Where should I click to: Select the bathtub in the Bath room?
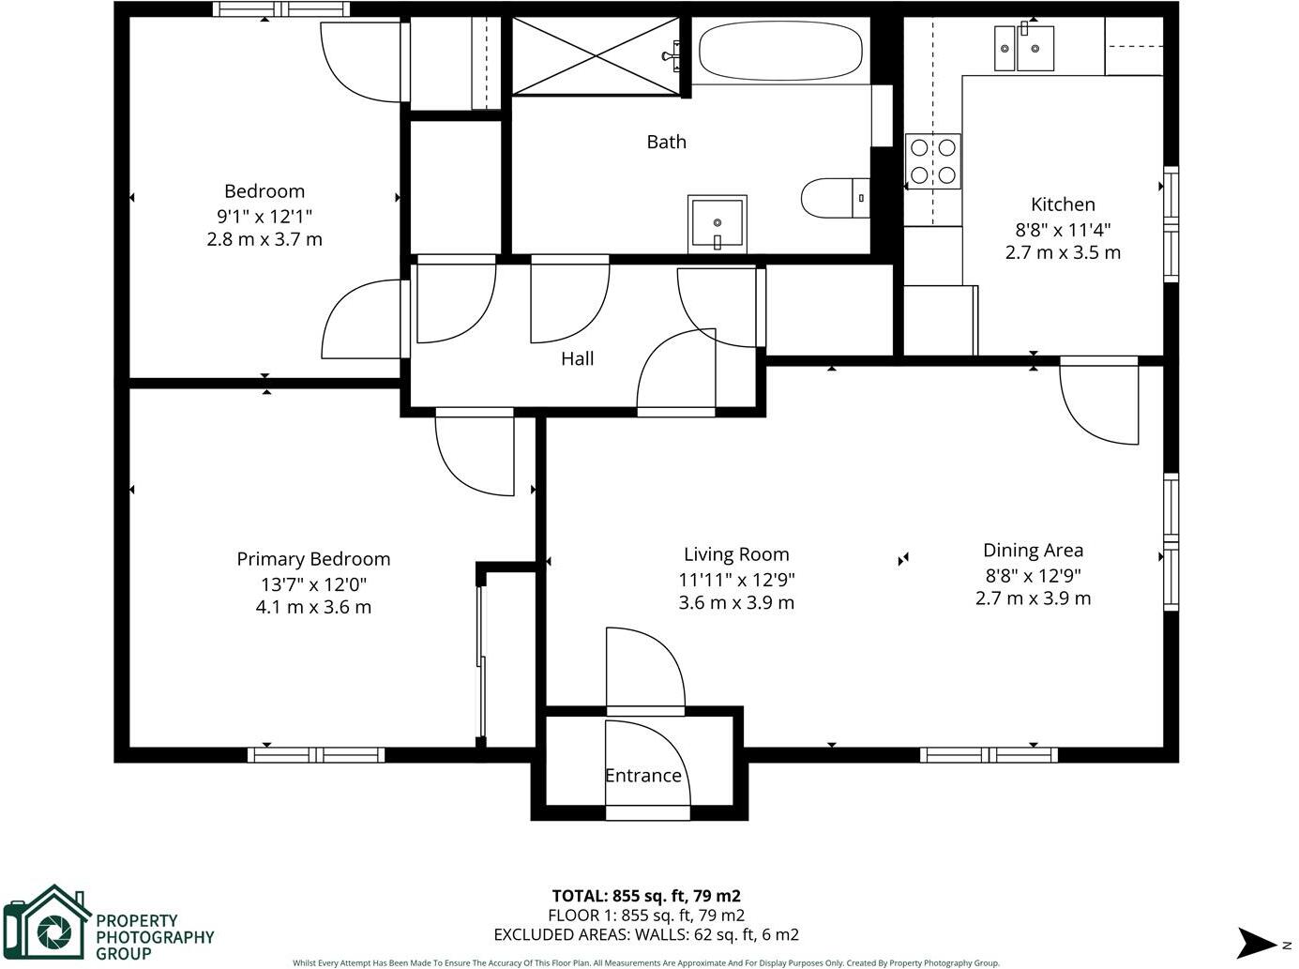pos(780,52)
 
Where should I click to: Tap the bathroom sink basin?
pos(717,223)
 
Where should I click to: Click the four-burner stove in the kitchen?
pos(933,160)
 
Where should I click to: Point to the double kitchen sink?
pos(1024,48)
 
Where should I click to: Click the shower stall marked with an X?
pos(596,55)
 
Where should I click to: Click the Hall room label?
pos(578,358)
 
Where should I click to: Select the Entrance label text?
pos(642,776)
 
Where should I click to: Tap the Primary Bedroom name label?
pos(313,559)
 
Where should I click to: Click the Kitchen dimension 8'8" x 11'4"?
pos(1063,229)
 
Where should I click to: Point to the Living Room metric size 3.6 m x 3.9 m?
pos(736,603)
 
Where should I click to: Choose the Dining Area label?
pos(1033,551)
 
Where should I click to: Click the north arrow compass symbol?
pos(1259,942)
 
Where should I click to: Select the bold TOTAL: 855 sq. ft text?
pos(646,896)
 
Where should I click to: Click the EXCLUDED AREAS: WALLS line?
pos(646,934)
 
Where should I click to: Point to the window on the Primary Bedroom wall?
pos(316,754)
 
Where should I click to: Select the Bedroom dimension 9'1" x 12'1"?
pos(264,216)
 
